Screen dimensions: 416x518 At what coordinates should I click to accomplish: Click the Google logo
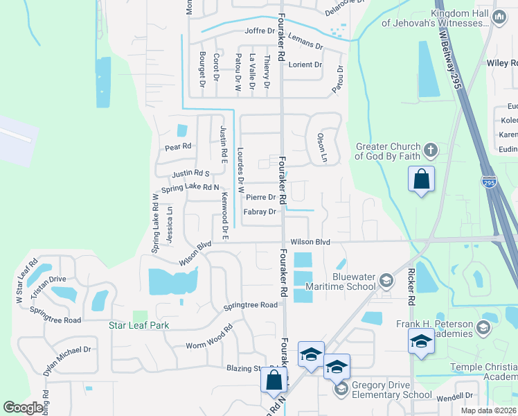(24, 408)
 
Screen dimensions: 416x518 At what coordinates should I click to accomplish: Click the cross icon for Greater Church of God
(430, 150)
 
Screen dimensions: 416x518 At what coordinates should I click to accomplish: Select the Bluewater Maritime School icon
(386, 281)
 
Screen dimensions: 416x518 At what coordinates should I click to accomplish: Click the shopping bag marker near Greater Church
(421, 180)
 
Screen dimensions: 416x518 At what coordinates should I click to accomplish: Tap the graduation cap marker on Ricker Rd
(420, 342)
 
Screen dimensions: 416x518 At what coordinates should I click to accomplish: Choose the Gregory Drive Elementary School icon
(340, 390)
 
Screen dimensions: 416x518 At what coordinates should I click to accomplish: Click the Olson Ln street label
(321, 148)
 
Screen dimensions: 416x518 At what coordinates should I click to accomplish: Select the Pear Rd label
(177, 146)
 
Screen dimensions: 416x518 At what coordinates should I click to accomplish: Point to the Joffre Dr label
(260, 31)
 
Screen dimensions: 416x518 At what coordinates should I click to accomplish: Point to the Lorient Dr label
(305, 65)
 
